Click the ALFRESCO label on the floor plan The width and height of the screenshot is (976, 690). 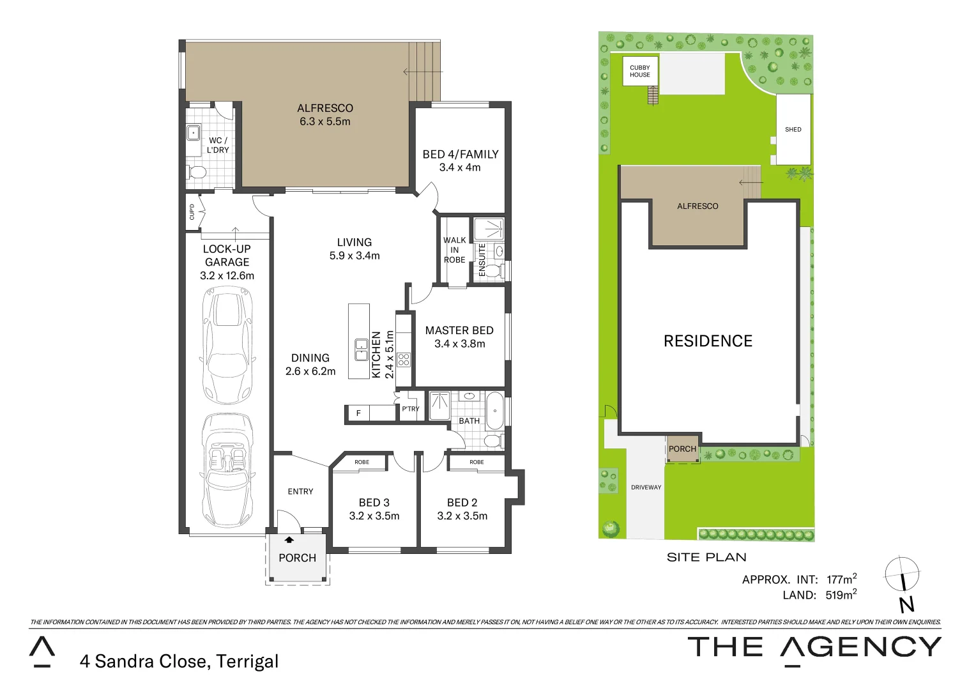(324, 108)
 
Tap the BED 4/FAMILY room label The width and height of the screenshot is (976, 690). (460, 154)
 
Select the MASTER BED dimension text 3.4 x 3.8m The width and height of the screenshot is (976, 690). (459, 344)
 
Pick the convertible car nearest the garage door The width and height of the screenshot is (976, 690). (227, 470)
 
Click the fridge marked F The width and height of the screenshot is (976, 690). (358, 413)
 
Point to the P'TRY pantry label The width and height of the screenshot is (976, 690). (410, 409)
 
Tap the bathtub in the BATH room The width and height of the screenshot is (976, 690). (494, 411)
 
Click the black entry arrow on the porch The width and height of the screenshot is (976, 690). (289, 540)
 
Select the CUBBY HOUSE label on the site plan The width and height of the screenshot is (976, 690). (639, 71)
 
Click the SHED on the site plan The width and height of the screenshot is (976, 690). (793, 130)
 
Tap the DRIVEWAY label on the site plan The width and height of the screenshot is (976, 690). (646, 487)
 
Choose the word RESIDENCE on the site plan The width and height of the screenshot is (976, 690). (708, 341)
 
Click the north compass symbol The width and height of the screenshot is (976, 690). (902, 575)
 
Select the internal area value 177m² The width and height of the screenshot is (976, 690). (841, 579)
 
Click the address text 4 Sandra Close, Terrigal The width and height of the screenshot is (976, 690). (179, 661)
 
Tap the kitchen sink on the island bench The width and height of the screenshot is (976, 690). (362, 349)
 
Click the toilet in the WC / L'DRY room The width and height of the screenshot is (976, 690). (197, 172)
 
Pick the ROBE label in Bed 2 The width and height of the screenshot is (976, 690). (477, 462)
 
